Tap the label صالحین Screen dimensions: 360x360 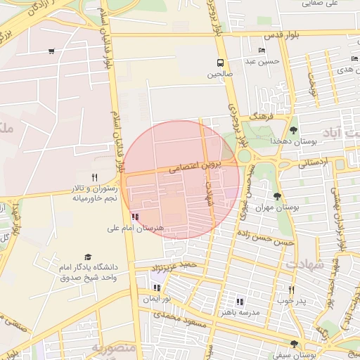pyautogui.click(x=221, y=73)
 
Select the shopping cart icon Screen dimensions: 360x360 pyautogui.click(x=51, y=51)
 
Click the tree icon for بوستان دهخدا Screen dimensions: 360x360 pyautogui.click(x=293, y=129)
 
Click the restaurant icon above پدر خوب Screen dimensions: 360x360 pyautogui.click(x=291, y=290)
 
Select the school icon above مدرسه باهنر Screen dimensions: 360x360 pyautogui.click(x=240, y=302)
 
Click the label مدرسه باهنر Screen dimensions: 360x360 pyautogui.click(x=240, y=312)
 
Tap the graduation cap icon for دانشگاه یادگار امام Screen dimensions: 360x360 pyautogui.click(x=88, y=257)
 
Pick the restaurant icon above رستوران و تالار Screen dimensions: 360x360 pyautogui.click(x=94, y=177)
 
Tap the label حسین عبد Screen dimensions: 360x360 pyautogui.click(x=262, y=61)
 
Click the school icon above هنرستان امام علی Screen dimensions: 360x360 pyautogui.click(x=135, y=217)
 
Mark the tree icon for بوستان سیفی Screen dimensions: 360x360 pyautogui.click(x=293, y=344)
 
